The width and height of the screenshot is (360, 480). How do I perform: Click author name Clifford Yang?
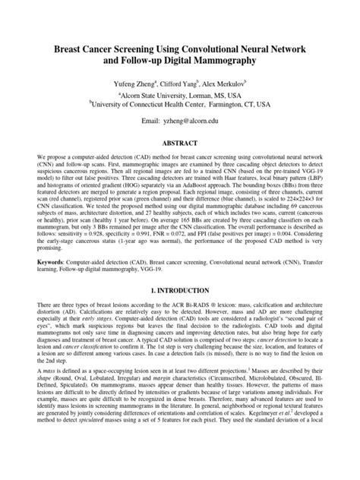pyautogui.click(x=178, y=85)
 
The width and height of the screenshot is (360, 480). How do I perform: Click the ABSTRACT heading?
pyautogui.click(x=179, y=142)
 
